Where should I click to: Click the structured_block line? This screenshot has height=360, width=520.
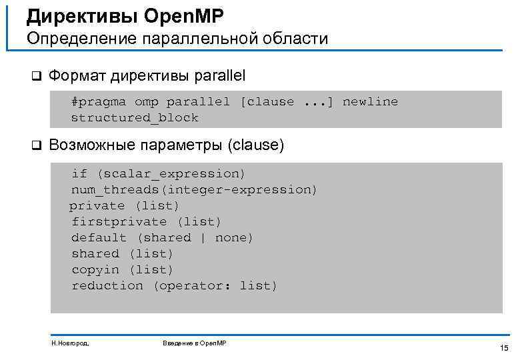pyautogui.click(x=135, y=118)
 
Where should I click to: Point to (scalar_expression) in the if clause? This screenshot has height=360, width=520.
pyautogui.click(x=171, y=174)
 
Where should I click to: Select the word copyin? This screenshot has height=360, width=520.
pyautogui.click(x=95, y=270)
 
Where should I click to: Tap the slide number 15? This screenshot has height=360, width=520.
pyautogui.click(x=503, y=348)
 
